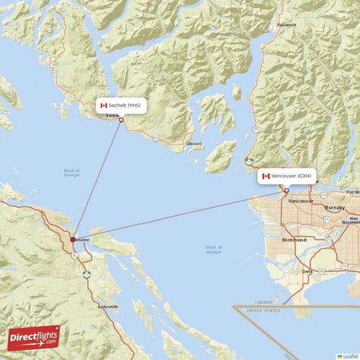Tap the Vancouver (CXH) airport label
coord(291,176)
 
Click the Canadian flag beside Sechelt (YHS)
coord(104,105)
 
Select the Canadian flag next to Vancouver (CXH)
coord(266,176)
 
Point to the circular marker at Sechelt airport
coord(121,120)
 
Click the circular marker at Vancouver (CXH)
coord(286,191)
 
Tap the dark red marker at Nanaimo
coord(71,239)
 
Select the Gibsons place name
coord(194,144)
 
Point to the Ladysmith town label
coord(107,307)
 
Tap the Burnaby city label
coord(334,207)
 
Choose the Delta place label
coord(307,271)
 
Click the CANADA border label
coord(264,303)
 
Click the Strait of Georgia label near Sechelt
coord(72,172)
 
